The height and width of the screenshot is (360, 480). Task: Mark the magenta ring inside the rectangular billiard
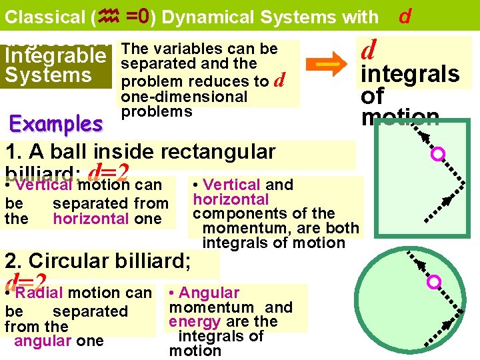(438, 155)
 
